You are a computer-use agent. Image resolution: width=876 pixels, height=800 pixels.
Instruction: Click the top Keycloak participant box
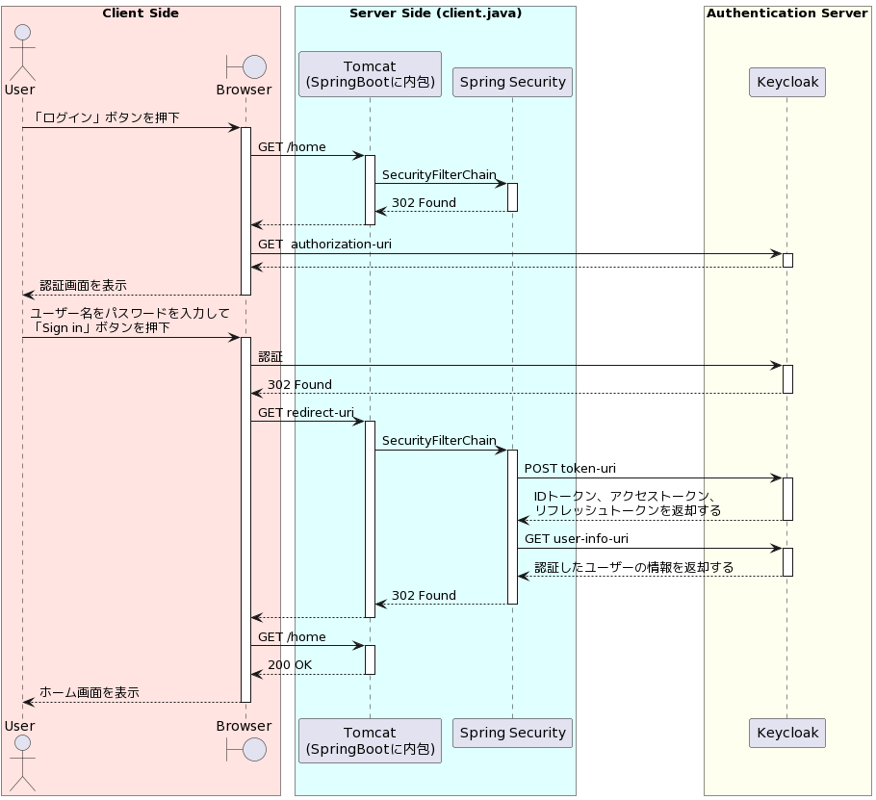tap(787, 82)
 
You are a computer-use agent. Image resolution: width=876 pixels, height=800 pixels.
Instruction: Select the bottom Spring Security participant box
tap(512, 733)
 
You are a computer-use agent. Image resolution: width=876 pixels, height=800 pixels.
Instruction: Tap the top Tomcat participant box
tap(370, 74)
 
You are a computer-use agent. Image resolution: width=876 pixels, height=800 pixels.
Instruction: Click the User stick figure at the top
tap(22, 53)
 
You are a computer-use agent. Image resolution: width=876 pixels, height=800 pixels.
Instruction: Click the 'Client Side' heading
tap(141, 13)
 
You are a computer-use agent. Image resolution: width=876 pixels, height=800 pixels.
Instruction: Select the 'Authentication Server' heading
tap(787, 13)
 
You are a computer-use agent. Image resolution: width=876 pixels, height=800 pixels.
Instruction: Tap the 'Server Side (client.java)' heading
tap(436, 13)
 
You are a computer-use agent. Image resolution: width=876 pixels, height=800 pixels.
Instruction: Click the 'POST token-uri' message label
tap(570, 468)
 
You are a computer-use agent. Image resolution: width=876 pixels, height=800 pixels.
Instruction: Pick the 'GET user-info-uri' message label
tap(576, 538)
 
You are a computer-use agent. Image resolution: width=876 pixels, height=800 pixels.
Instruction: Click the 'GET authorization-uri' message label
tap(324, 245)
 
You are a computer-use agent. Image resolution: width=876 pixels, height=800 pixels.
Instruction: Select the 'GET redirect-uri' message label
tap(305, 413)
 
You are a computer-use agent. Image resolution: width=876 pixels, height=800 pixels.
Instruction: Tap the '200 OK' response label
tap(290, 665)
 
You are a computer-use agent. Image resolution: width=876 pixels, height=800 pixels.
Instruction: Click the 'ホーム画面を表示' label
tap(90, 693)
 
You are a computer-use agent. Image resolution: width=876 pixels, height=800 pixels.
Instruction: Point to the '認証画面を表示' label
tap(83, 286)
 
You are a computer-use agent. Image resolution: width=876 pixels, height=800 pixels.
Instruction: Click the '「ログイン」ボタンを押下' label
tap(105, 117)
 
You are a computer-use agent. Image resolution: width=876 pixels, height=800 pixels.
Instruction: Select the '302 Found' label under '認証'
tap(299, 385)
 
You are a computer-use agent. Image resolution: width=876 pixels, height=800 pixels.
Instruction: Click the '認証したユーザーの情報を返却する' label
tap(633, 568)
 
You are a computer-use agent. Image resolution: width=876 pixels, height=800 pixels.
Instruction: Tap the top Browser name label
tap(245, 90)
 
